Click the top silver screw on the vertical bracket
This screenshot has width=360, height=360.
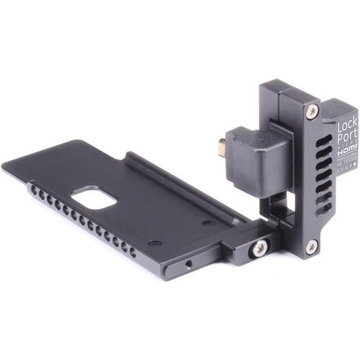312,112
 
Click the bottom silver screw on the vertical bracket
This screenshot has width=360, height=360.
311,246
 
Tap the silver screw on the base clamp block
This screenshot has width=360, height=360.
259,247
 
